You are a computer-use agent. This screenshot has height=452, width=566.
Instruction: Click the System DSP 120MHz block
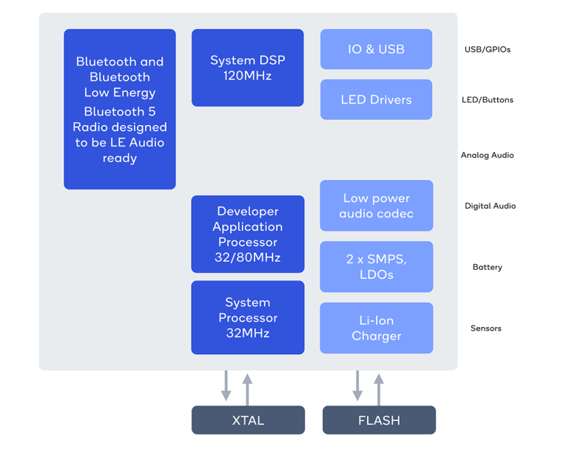coord(247,68)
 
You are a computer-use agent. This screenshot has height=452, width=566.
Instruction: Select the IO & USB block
coord(376,50)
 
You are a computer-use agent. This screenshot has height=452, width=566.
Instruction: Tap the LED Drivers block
coord(376,100)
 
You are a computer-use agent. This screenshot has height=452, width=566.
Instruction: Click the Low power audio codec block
coord(376,206)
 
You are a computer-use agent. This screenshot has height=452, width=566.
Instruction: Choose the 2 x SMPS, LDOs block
coord(376,267)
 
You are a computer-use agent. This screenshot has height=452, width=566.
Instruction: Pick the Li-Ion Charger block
coord(376,328)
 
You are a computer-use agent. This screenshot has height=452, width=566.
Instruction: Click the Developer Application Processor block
coord(247,234)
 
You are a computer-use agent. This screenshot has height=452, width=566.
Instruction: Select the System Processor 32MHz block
coord(247,317)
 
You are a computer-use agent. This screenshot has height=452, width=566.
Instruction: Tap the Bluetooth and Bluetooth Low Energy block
coord(120,109)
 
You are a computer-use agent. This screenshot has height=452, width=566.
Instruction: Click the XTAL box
coord(248,420)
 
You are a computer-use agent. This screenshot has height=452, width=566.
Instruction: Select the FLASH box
coord(379,420)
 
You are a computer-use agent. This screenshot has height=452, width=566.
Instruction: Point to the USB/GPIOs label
coord(487,50)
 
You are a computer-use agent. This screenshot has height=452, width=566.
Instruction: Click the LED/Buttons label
coord(487,100)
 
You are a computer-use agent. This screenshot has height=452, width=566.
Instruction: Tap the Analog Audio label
coord(487,155)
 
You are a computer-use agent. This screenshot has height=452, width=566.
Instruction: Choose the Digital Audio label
coord(490,206)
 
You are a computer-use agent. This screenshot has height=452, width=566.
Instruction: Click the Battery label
coord(487,267)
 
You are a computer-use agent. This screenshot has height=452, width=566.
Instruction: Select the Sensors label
coord(485,328)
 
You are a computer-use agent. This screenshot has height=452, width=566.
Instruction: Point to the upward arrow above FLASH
coord(379,388)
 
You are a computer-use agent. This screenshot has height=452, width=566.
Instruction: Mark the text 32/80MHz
coord(247,257)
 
